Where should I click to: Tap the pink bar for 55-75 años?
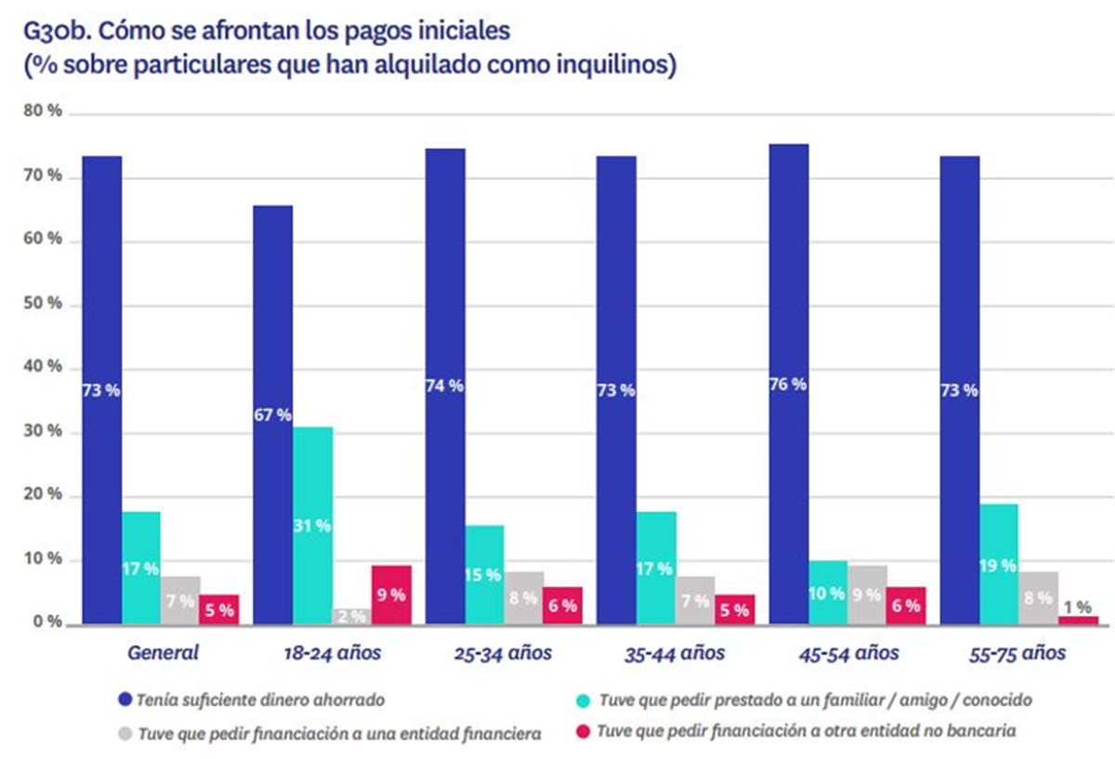pos(1078,619)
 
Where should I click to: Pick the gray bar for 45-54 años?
pos(867,594)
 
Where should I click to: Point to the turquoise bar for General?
pos(141,567)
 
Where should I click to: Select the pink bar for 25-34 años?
pos(562,605)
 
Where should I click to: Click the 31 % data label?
pos(312,526)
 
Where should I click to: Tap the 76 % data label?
pos(788,384)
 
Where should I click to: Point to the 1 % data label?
pos(1077,606)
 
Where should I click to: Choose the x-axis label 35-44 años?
pos(676,653)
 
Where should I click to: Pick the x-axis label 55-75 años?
pos(1017,653)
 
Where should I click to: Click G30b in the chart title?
pos(55,31)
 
